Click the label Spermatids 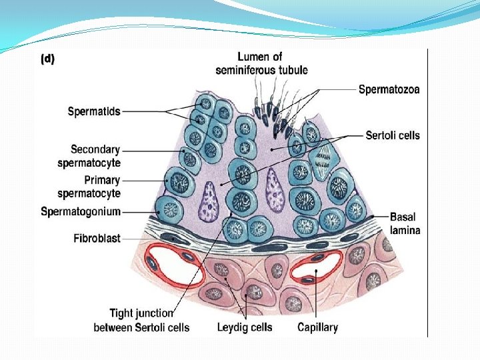click(x=94, y=111)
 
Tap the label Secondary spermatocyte click(x=95, y=155)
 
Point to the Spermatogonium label click(x=81, y=212)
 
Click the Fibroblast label click(x=97, y=238)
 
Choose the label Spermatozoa click(x=389, y=89)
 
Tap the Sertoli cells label click(x=393, y=135)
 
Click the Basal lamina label click(x=405, y=223)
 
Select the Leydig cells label click(x=245, y=327)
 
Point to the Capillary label click(x=317, y=327)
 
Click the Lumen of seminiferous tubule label click(x=261, y=63)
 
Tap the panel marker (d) click(x=48, y=59)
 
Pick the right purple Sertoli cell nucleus click(x=274, y=188)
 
